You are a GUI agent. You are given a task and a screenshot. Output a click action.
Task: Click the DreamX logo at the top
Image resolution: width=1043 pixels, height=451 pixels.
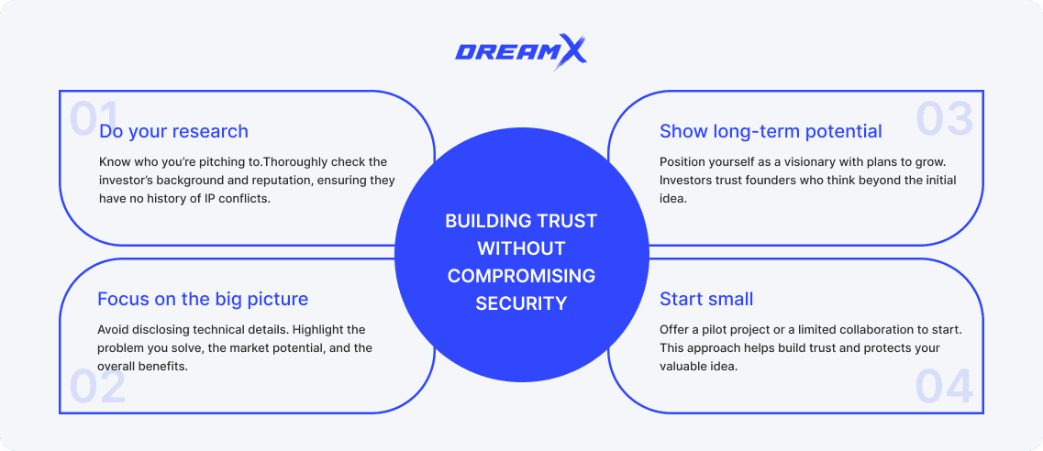(521, 50)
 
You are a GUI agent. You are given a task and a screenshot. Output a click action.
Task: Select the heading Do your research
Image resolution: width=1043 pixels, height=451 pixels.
(173, 131)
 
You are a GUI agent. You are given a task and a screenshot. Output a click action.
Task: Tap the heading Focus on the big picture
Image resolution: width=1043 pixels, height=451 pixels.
(203, 299)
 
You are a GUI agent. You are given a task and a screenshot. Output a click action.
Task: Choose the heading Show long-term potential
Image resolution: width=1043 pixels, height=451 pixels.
(771, 131)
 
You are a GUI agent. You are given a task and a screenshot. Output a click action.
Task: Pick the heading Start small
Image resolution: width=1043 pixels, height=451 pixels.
(706, 299)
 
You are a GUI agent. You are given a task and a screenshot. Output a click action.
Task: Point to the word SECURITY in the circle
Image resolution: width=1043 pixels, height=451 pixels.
(521, 302)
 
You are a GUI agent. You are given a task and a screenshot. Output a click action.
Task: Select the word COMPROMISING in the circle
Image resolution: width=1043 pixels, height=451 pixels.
(521, 275)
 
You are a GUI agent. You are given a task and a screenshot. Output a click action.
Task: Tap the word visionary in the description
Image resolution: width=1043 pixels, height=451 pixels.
(798, 162)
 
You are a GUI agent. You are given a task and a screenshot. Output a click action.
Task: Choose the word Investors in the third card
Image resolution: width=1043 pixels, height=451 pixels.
(688, 181)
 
